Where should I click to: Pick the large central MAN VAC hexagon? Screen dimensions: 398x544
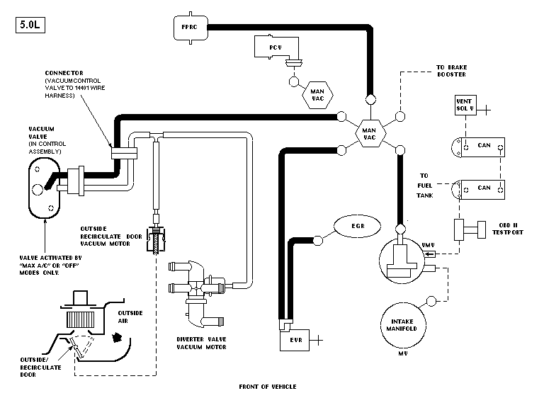click(369, 131)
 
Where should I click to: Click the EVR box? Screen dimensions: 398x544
click(295, 339)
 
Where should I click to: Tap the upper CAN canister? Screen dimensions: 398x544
click(480, 147)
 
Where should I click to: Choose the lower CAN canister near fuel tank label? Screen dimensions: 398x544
click(480, 189)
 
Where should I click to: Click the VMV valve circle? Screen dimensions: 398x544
click(406, 258)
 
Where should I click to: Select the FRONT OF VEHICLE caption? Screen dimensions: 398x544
click(268, 387)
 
